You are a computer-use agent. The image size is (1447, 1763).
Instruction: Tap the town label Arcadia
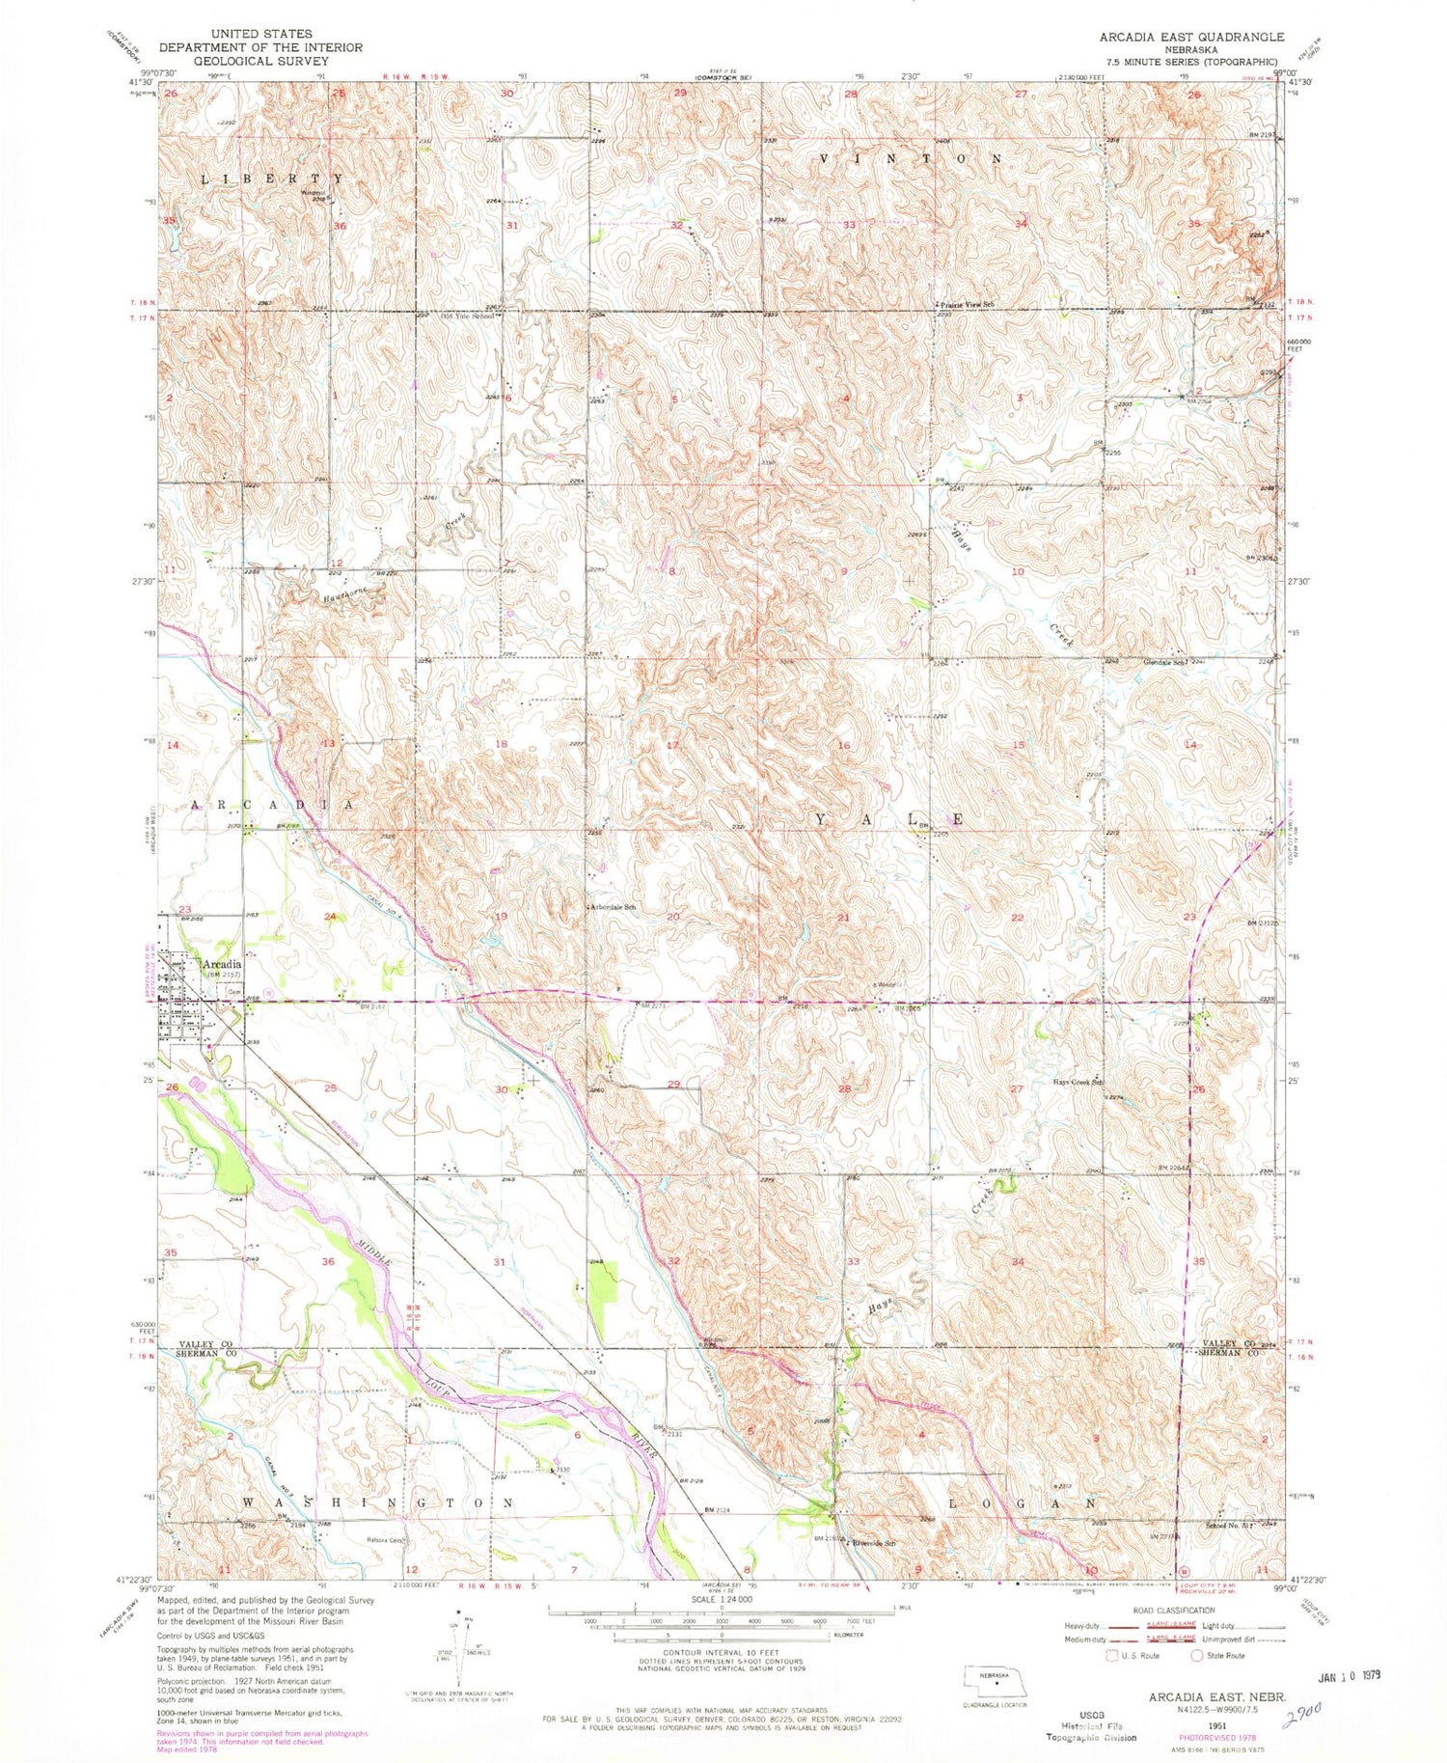(221, 964)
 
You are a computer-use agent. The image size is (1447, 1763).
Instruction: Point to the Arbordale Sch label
(614, 908)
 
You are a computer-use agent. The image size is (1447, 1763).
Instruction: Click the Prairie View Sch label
(967, 304)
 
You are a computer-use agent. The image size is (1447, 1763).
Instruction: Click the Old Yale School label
(469, 317)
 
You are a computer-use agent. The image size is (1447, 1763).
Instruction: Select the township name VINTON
(910, 157)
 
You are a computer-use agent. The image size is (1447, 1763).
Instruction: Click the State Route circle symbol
(1197, 1656)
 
